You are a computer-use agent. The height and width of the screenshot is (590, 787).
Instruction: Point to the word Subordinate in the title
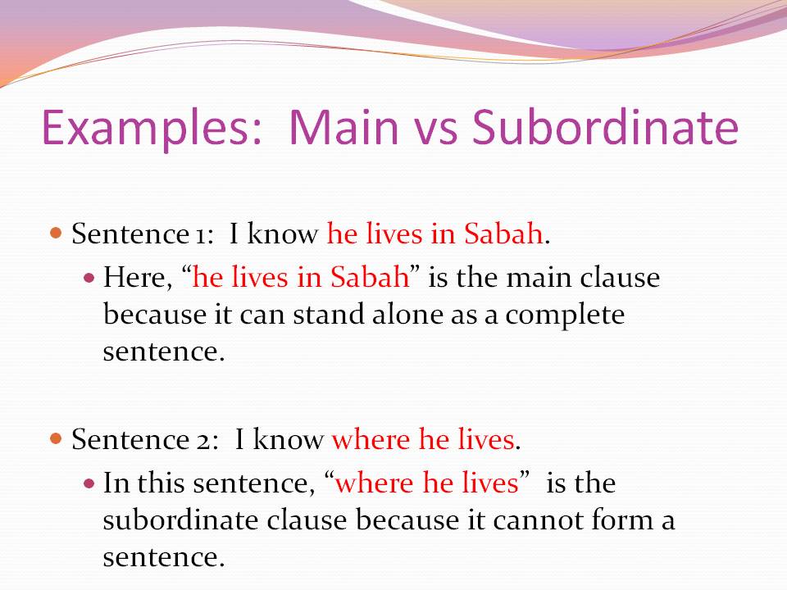pyautogui.click(x=606, y=128)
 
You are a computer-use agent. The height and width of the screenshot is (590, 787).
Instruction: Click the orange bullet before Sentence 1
pyautogui.click(x=57, y=234)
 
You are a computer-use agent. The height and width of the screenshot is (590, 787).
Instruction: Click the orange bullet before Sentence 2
pyautogui.click(x=57, y=439)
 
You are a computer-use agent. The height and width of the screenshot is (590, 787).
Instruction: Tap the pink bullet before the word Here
pyautogui.click(x=90, y=278)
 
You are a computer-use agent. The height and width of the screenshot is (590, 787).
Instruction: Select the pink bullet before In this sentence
pyautogui.click(x=90, y=483)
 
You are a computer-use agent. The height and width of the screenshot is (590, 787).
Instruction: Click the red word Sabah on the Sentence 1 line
pyautogui.click(x=503, y=234)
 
